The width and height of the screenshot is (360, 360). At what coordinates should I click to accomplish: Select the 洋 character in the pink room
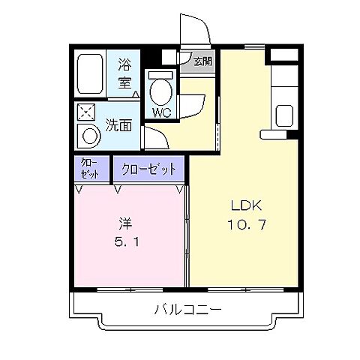(x=124, y=223)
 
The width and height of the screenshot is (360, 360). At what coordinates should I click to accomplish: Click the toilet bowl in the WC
(x=160, y=92)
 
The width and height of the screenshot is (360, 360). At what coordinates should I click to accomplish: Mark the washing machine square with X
(x=86, y=112)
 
